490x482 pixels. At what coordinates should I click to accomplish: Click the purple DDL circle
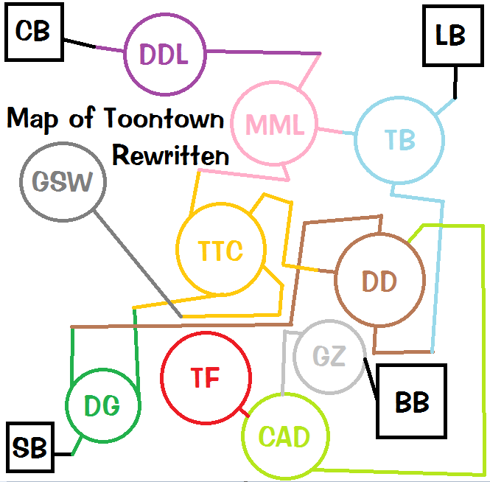click(164, 55)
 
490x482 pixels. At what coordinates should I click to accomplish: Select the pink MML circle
click(274, 125)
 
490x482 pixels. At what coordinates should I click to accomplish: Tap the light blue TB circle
click(399, 139)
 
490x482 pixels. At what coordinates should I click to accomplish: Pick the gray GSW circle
click(63, 181)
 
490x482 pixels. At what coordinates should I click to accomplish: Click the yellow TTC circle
click(220, 251)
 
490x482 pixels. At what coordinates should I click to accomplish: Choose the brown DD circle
click(379, 280)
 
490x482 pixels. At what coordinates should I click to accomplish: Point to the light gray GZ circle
click(329, 357)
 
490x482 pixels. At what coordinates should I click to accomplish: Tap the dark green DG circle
click(102, 405)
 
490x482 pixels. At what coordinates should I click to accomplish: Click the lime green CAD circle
click(284, 436)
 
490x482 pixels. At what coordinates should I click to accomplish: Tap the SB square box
click(30, 447)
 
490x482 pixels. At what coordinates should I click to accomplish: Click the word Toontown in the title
click(164, 119)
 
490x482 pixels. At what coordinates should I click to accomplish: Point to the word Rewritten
click(170, 156)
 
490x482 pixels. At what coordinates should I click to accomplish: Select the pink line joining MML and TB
click(336, 132)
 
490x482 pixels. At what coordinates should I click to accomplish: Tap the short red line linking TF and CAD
click(242, 411)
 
